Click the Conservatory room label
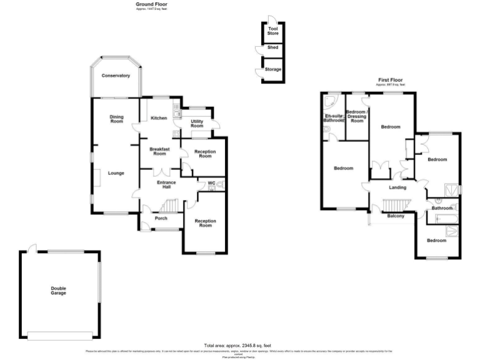point(116,76)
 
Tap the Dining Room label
point(116,119)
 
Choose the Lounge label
point(114,173)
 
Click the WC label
point(211,182)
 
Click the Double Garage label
point(58,291)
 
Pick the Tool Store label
point(273,31)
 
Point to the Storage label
point(273,69)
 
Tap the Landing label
point(397,187)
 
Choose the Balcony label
point(397,216)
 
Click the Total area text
point(237,346)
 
